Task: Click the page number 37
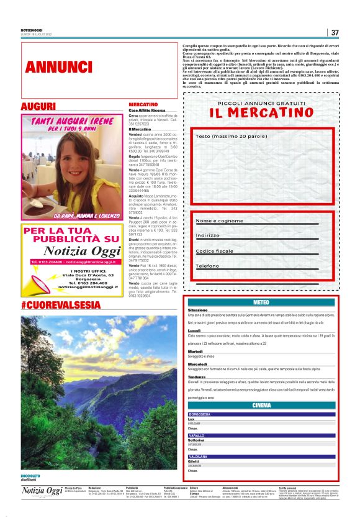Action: coord(335,32)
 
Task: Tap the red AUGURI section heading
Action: coord(38,107)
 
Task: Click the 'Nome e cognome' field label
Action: coord(220,221)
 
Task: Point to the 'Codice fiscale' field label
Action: coord(215,251)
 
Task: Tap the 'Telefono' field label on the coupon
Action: coord(207,266)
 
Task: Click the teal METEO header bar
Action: coord(261,302)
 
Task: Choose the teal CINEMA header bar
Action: coord(261,405)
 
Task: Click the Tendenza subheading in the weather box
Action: coord(197,376)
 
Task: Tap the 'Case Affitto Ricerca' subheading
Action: coord(147,110)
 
